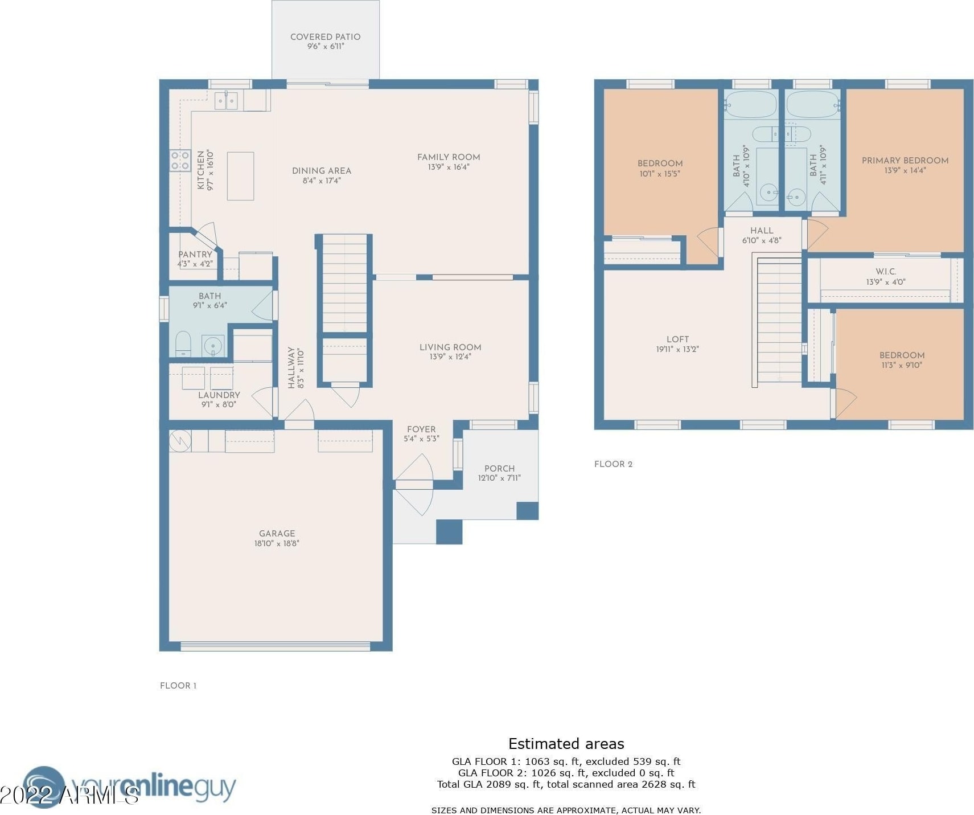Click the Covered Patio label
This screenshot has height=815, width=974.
(x=325, y=37)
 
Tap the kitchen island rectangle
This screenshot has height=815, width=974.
(x=240, y=176)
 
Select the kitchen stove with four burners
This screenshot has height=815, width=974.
(x=180, y=160)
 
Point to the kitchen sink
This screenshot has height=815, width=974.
(x=227, y=101)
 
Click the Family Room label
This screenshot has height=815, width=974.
(x=449, y=157)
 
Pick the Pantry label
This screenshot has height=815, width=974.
(x=195, y=255)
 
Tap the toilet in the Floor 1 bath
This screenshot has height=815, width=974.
(x=183, y=344)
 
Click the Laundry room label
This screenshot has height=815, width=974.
(x=219, y=395)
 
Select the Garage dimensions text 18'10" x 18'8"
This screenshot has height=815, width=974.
(x=277, y=543)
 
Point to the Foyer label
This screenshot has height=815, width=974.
(x=421, y=429)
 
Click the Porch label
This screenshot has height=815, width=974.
(x=499, y=469)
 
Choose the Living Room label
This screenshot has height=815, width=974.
(x=450, y=347)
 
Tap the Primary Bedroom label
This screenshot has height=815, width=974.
(x=905, y=161)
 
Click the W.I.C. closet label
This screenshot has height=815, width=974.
(x=886, y=272)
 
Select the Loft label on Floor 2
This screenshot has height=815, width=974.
(x=677, y=339)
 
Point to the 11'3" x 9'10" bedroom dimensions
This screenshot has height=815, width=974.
(x=902, y=365)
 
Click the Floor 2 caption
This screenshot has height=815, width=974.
(x=613, y=464)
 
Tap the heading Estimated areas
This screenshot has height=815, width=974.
(x=566, y=744)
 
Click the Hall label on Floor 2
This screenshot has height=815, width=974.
(x=762, y=231)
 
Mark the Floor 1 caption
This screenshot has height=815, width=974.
(x=178, y=686)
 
